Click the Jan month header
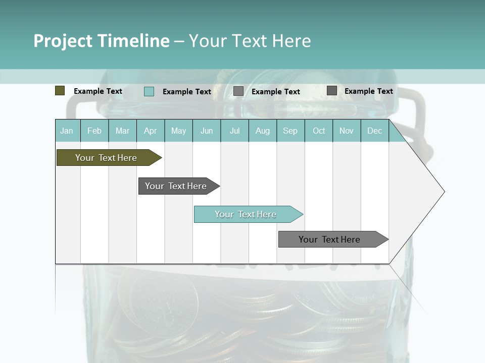click(x=67, y=131)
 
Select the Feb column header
click(x=94, y=131)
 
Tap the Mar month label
click(x=122, y=131)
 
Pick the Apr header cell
click(x=151, y=131)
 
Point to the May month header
click(x=178, y=131)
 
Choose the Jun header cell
click(x=207, y=131)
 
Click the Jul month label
click(x=234, y=131)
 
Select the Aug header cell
click(x=263, y=131)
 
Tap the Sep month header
click(x=290, y=131)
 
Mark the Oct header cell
click(x=319, y=131)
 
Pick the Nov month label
click(x=347, y=131)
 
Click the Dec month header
click(x=375, y=131)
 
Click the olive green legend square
click(x=60, y=91)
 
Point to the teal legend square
click(x=149, y=91)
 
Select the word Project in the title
click(x=63, y=41)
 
